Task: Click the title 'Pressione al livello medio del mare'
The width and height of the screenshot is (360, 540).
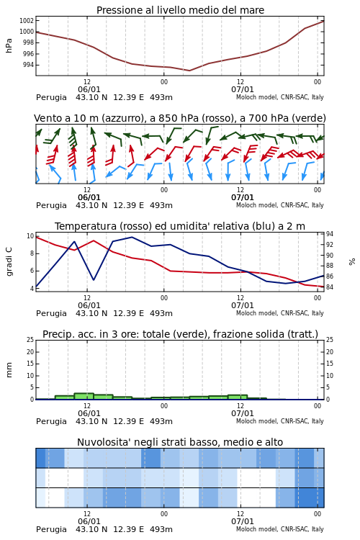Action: click(180, 10)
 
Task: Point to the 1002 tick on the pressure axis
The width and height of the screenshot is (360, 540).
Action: click(27, 21)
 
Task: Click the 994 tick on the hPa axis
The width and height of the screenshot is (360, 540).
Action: click(28, 65)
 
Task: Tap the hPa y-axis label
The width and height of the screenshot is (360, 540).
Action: click(9, 45)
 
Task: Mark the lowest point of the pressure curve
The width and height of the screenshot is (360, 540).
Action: click(189, 71)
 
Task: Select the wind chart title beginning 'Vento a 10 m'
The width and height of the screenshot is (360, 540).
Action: click(180, 118)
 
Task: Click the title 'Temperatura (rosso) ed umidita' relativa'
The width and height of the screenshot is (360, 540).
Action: click(180, 226)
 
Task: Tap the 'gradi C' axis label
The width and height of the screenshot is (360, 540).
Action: click(9, 261)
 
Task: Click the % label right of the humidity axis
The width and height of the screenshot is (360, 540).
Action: click(352, 262)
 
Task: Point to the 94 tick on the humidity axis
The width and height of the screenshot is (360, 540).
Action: click(330, 234)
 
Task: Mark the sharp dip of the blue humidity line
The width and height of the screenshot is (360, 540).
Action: click(94, 279)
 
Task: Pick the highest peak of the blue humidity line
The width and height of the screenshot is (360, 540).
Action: click(132, 237)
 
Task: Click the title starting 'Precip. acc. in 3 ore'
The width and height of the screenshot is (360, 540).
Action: click(180, 334)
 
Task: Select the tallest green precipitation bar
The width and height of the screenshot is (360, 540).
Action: click(84, 397)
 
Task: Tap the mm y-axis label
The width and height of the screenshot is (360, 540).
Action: click(9, 370)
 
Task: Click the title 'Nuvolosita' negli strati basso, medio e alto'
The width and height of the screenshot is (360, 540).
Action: click(180, 442)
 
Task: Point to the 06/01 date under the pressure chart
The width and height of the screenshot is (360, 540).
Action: click(89, 89)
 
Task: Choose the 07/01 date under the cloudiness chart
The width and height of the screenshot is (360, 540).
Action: click(243, 521)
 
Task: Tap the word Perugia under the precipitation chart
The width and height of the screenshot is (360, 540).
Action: click(51, 421)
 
